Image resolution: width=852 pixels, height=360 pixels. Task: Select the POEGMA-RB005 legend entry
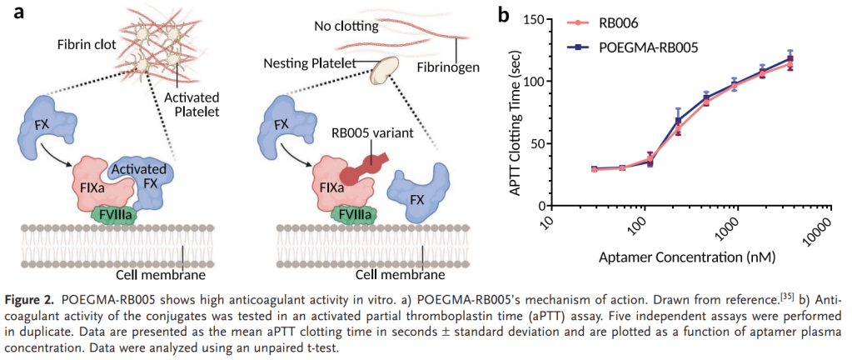[x=646, y=47]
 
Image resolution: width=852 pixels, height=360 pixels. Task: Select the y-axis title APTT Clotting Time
[x=516, y=112]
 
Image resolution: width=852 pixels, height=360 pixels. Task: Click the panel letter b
[x=502, y=14]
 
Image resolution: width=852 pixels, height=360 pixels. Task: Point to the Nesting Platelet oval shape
[x=385, y=70]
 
